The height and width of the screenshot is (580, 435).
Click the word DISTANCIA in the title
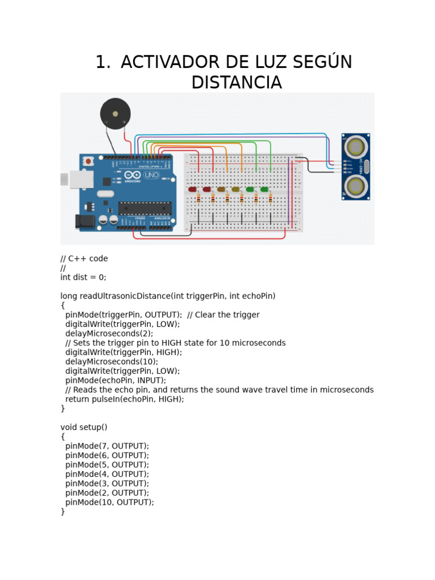click(x=236, y=82)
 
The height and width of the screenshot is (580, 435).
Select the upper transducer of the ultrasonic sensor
click(x=356, y=147)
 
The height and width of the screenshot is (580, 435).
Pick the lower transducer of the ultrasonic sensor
click(x=356, y=185)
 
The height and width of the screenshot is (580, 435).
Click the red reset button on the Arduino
click(x=88, y=161)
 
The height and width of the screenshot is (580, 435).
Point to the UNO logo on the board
click(x=151, y=175)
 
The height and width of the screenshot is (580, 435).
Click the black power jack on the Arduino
click(x=84, y=220)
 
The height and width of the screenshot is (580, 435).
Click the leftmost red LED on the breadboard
click(x=193, y=189)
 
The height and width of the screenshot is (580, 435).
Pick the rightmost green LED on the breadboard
click(x=265, y=189)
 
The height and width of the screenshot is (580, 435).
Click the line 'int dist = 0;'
click(x=83, y=278)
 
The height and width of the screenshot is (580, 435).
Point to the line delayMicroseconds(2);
click(x=109, y=334)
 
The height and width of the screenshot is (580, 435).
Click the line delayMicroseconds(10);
click(x=112, y=361)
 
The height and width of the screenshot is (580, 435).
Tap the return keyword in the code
click(x=77, y=399)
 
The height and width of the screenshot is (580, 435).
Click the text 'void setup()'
click(x=84, y=427)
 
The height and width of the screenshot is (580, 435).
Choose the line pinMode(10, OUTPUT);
click(x=109, y=502)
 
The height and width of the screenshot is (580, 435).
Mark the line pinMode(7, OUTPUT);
click(x=107, y=446)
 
